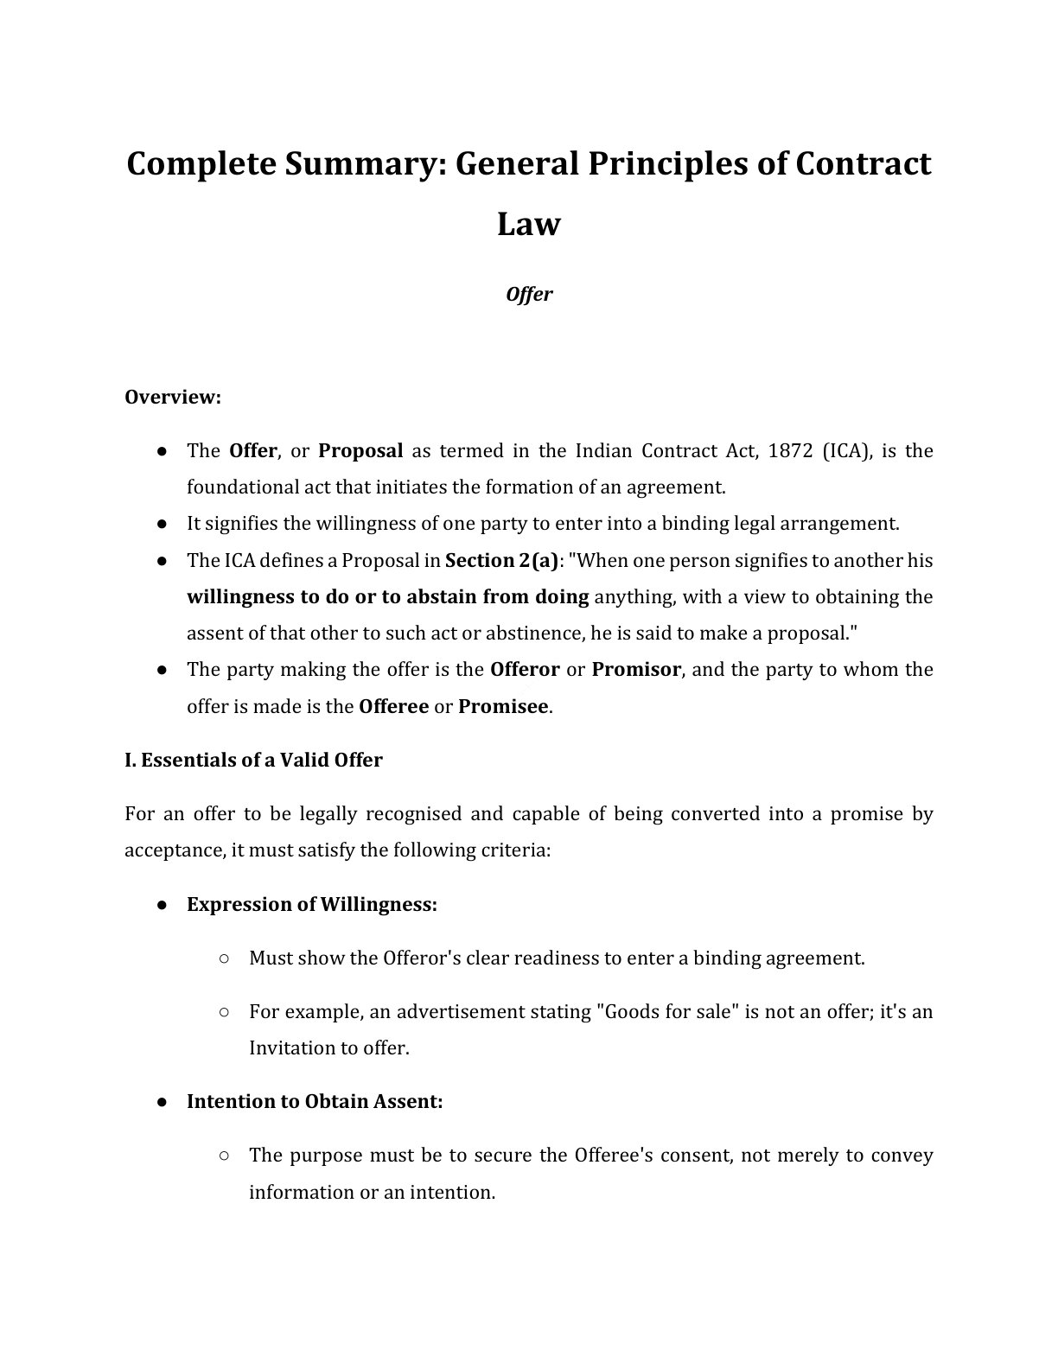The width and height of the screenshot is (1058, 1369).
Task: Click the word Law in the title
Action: coord(529,224)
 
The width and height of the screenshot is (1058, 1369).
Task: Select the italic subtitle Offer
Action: coord(529,294)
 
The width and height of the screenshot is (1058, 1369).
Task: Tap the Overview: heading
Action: coord(173,397)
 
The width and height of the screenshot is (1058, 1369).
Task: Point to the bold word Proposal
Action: coord(360,450)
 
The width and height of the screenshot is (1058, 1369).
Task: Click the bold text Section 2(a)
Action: coord(501,560)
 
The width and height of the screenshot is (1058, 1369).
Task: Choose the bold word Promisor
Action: coord(636,669)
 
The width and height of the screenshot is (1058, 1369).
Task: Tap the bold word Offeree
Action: coord(393,706)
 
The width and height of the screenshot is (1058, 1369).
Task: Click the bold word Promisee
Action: coord(503,706)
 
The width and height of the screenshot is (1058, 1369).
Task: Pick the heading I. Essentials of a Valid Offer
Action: coord(253,760)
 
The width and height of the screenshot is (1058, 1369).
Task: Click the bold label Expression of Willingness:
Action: coord(312,904)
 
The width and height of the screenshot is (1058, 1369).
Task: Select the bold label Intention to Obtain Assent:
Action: coord(315,1101)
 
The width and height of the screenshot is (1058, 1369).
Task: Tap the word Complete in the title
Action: coord(194,163)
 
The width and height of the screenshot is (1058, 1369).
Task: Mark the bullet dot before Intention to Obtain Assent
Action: coord(162,1102)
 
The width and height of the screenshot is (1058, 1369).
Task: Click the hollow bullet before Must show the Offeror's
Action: coord(224,958)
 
